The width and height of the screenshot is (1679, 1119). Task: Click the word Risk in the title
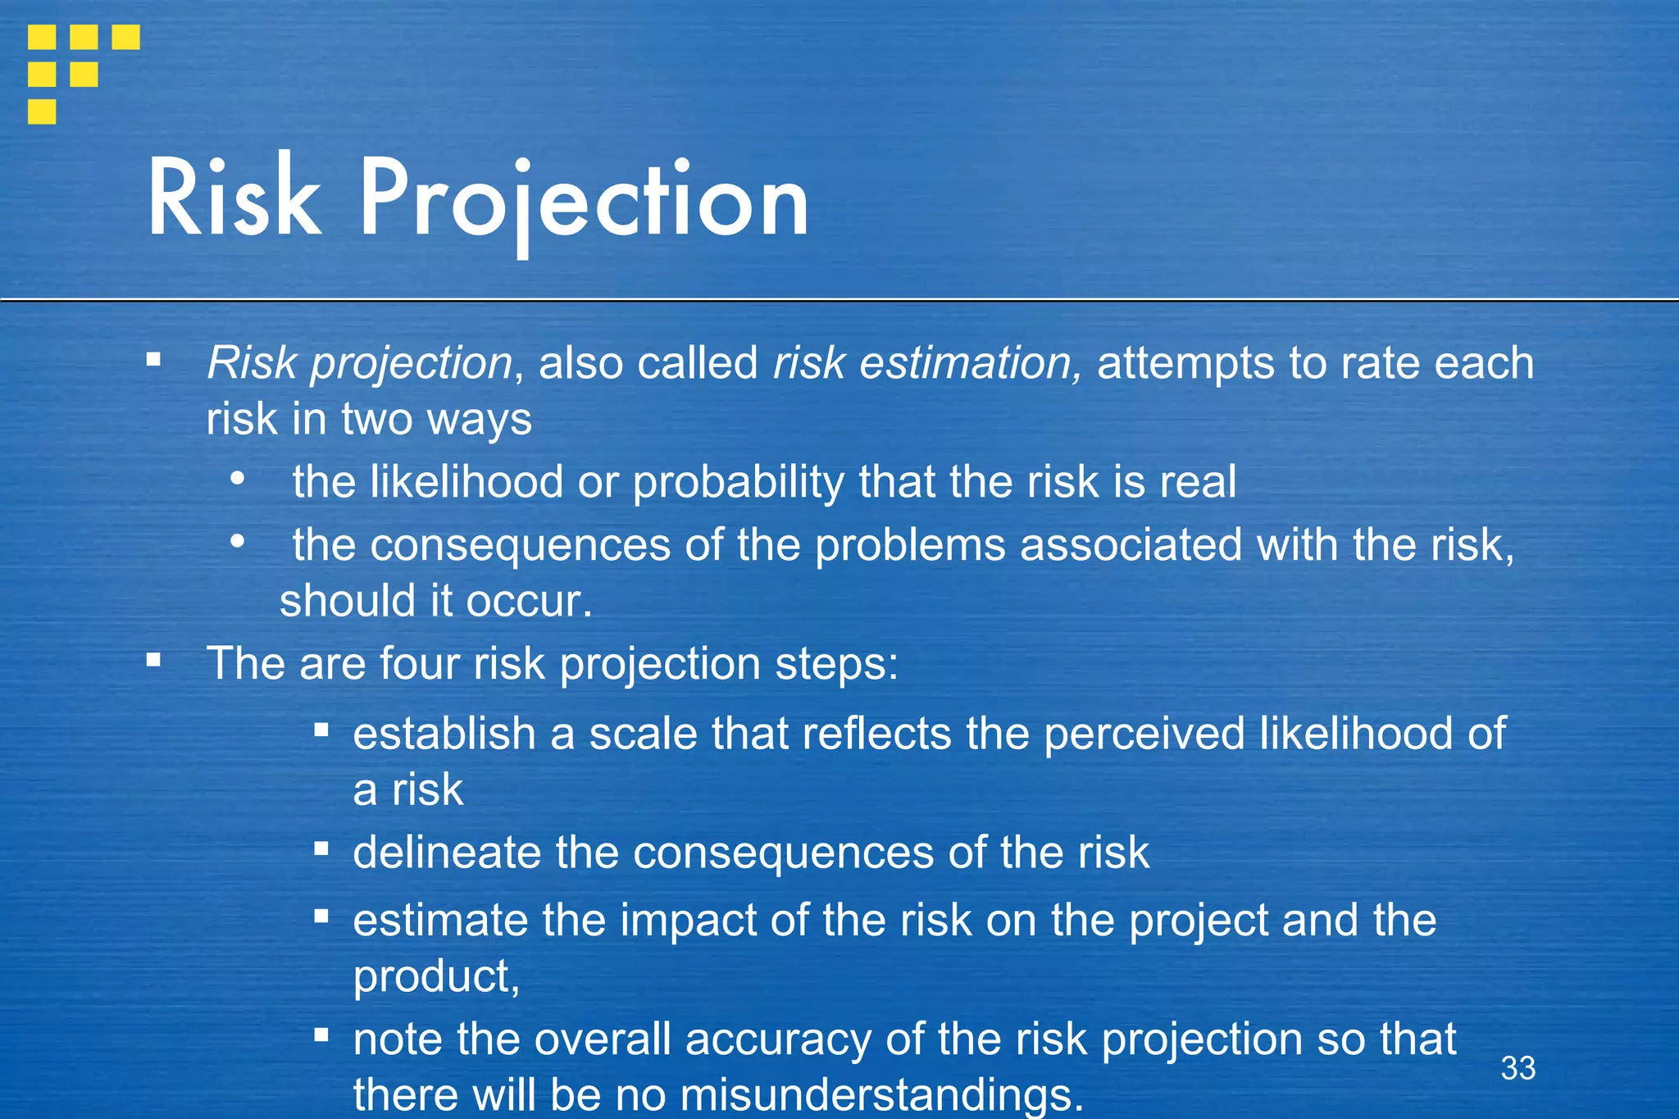pos(234,198)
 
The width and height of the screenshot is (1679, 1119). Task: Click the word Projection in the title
pos(584,201)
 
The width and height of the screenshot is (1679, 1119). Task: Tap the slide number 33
pos(1517,1068)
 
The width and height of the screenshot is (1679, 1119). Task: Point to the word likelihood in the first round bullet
pos(466,482)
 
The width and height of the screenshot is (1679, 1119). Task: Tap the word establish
pos(444,734)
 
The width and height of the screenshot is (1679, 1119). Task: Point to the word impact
pos(688,921)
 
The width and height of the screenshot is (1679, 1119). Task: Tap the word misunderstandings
pos(880,1096)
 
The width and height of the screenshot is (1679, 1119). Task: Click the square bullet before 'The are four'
pos(153,660)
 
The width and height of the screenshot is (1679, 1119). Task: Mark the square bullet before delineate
pos(321,848)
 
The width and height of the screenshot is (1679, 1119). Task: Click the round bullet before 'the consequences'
pos(238,541)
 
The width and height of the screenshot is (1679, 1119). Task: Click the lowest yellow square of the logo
pos(42,111)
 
